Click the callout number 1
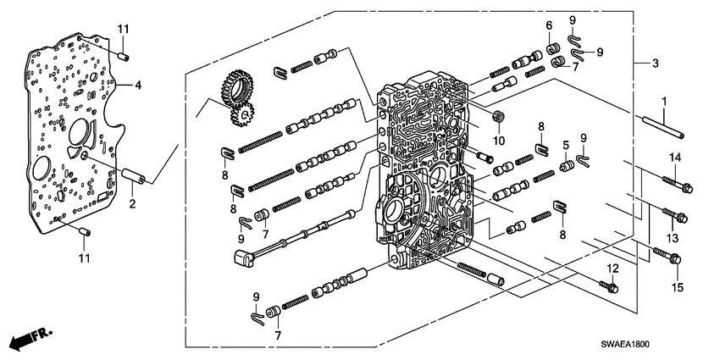pyautogui.click(x=664, y=102)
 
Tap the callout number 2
pyautogui.click(x=131, y=203)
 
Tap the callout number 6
pyautogui.click(x=549, y=25)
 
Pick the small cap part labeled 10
pyautogui.click(x=497, y=116)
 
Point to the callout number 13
pyautogui.click(x=674, y=238)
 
